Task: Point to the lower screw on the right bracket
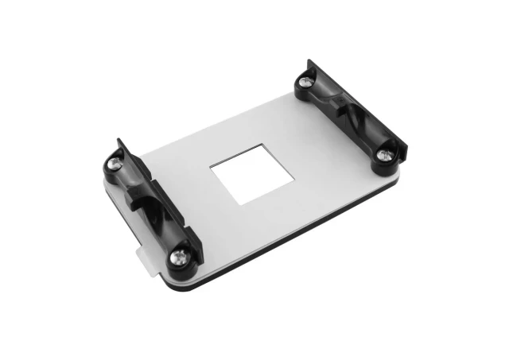(384, 154)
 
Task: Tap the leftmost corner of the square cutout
(210, 167)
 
